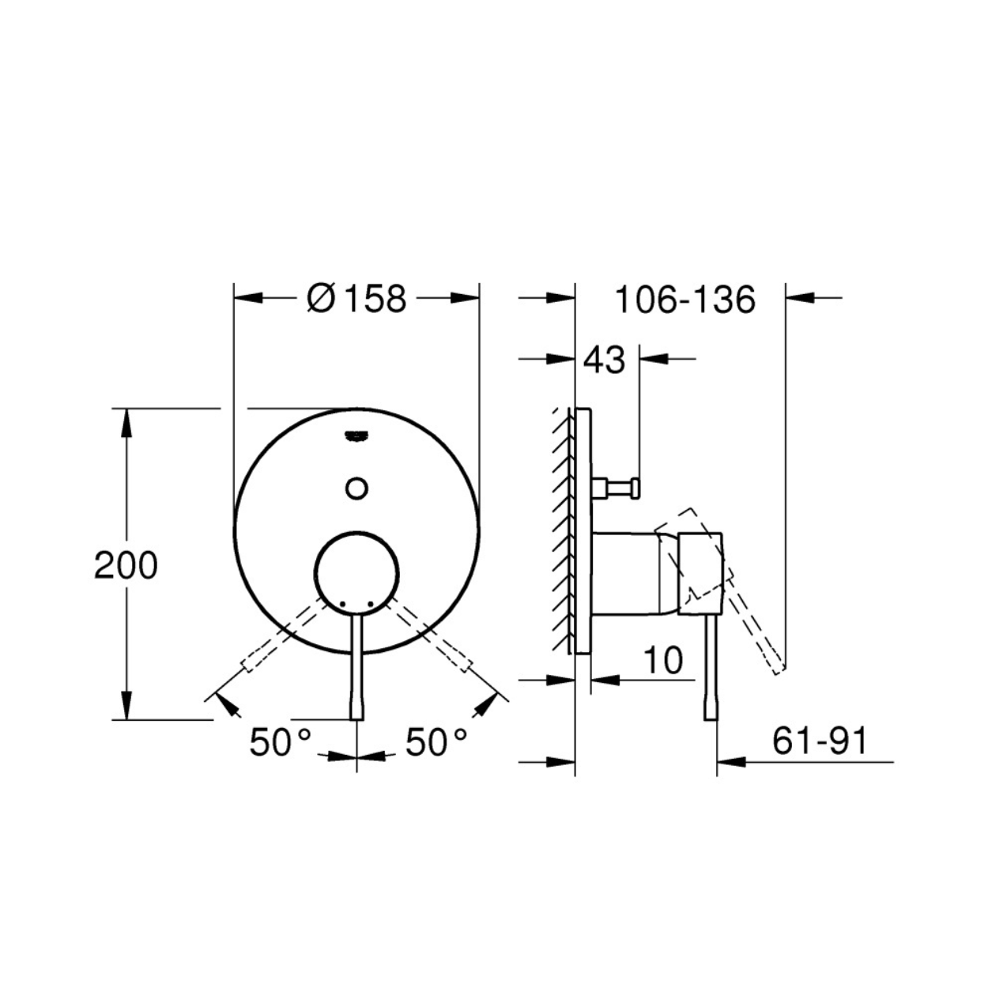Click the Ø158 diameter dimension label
click(356, 299)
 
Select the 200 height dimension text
click(126, 566)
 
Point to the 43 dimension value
click(605, 360)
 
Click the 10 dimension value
click(663, 660)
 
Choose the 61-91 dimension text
click(820, 741)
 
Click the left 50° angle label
click(280, 742)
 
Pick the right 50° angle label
click(436, 742)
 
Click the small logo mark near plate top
click(356, 436)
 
